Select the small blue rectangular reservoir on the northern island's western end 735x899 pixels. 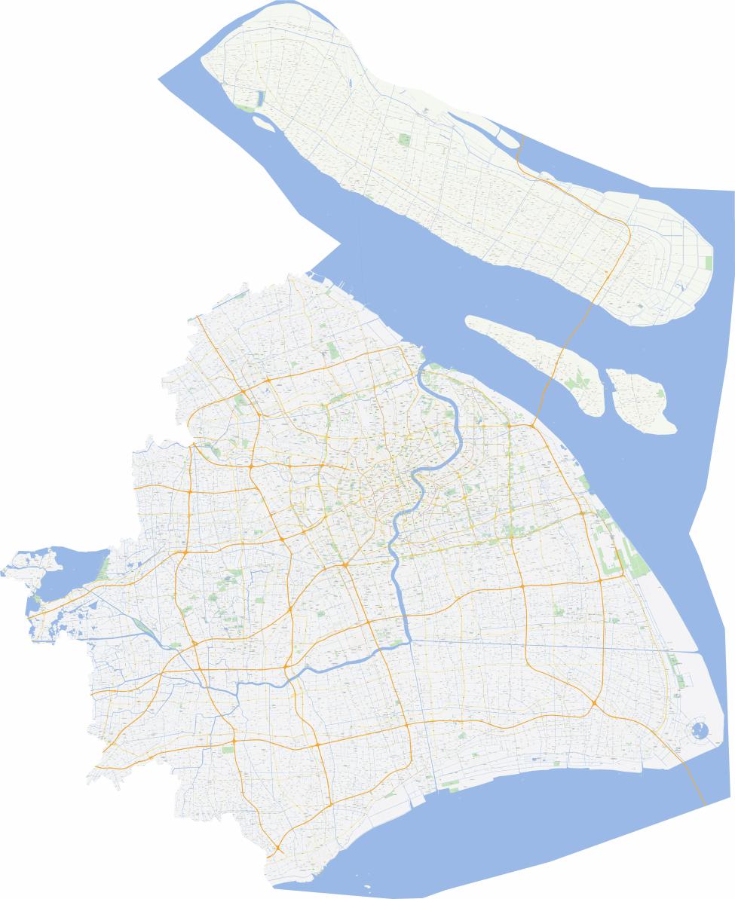coord(262,99)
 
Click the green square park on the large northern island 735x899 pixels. coord(405,140)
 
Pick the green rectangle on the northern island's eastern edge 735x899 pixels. coord(708,263)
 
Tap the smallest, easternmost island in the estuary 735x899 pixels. coord(641,399)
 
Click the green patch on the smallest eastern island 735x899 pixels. coord(660,392)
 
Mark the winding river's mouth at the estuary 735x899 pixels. coord(424,367)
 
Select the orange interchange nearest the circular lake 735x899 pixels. coord(594,704)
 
